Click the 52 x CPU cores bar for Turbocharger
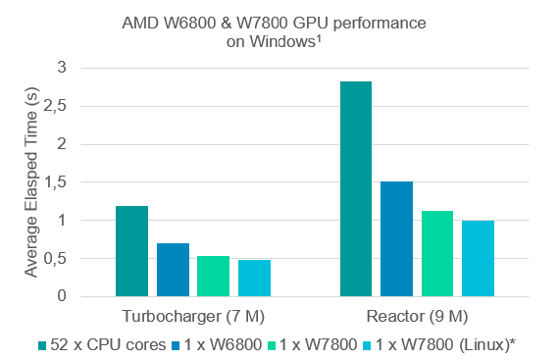(x=131, y=251)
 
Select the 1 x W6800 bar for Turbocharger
(x=173, y=270)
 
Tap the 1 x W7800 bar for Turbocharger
(x=213, y=276)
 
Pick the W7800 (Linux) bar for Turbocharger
(x=254, y=278)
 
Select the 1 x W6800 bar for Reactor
(x=397, y=238)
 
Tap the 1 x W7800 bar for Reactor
(x=438, y=253)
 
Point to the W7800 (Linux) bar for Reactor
(x=479, y=258)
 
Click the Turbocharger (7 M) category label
(x=193, y=316)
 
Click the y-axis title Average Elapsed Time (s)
(x=29, y=181)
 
